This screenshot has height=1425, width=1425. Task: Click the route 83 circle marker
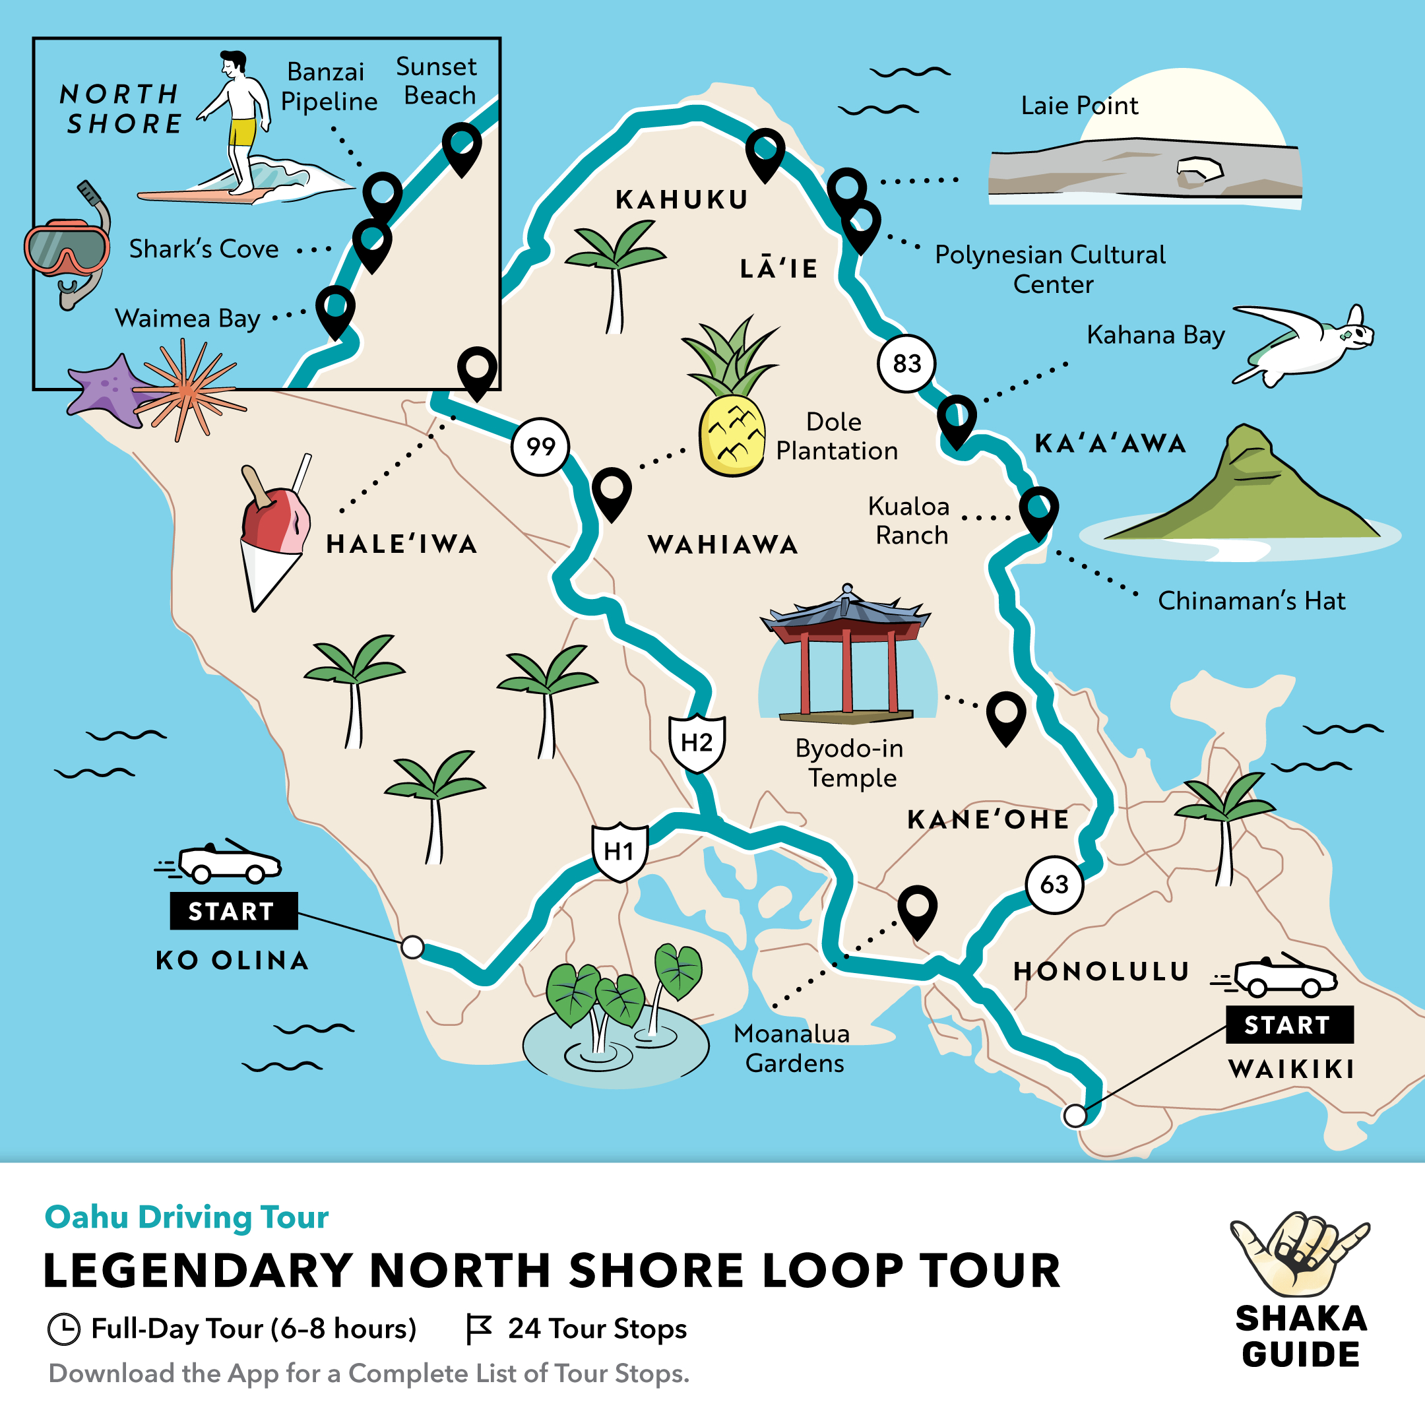(x=906, y=363)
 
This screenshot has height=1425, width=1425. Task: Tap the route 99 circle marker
(x=541, y=446)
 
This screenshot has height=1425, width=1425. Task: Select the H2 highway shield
(x=696, y=743)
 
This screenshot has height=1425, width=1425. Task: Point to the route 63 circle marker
(x=1054, y=884)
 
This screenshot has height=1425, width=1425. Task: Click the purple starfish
(x=107, y=391)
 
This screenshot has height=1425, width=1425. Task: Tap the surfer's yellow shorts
(x=241, y=133)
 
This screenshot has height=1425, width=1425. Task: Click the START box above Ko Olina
(x=234, y=911)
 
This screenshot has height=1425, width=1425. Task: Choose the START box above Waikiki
(x=1289, y=1025)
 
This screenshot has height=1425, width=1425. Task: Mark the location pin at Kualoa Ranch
(x=1038, y=508)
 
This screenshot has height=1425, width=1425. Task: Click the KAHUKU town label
(x=681, y=200)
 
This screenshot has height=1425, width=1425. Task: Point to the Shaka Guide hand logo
(x=1299, y=1255)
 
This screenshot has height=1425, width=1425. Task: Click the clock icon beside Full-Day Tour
(x=63, y=1329)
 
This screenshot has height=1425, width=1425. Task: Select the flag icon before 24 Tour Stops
(x=478, y=1329)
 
